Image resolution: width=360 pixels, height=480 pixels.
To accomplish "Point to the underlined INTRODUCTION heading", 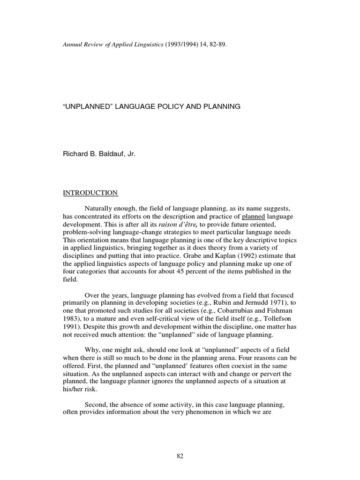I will pyautogui.click(x=90, y=193).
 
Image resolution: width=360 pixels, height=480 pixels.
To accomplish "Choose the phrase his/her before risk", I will pyautogui.click(x=75, y=390).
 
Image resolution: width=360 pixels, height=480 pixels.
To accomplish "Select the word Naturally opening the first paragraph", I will pyautogui.click(x=98, y=208).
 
